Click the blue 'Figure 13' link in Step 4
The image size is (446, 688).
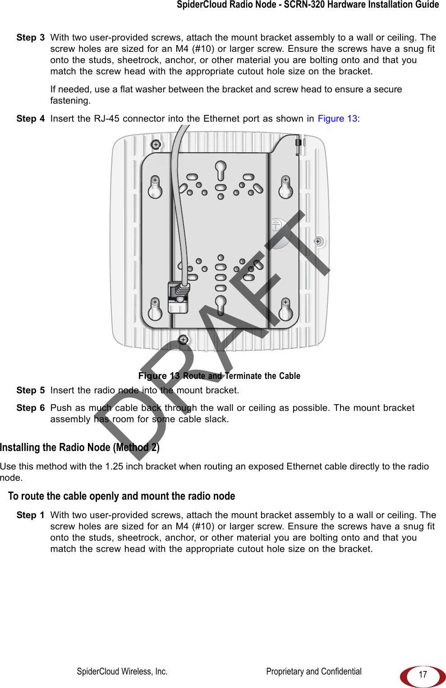click(x=337, y=119)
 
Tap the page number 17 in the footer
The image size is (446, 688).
click(x=423, y=674)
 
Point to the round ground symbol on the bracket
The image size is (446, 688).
click(x=276, y=224)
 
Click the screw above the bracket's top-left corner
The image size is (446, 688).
click(x=156, y=145)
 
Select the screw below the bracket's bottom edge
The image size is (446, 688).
click(x=184, y=339)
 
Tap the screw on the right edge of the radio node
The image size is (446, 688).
click(x=318, y=241)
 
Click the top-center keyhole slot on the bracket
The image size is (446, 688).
click(x=221, y=170)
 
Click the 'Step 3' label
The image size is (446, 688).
click(x=31, y=38)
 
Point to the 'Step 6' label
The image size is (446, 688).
click(x=31, y=408)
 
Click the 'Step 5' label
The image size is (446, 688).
click(x=31, y=391)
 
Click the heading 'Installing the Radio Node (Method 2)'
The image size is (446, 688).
click(x=80, y=447)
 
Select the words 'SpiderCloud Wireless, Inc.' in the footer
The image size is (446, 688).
click(x=122, y=672)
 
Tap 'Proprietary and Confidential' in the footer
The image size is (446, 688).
click(x=314, y=672)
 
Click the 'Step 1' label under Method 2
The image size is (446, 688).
click(x=31, y=515)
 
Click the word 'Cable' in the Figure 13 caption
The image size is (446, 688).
click(x=290, y=376)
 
